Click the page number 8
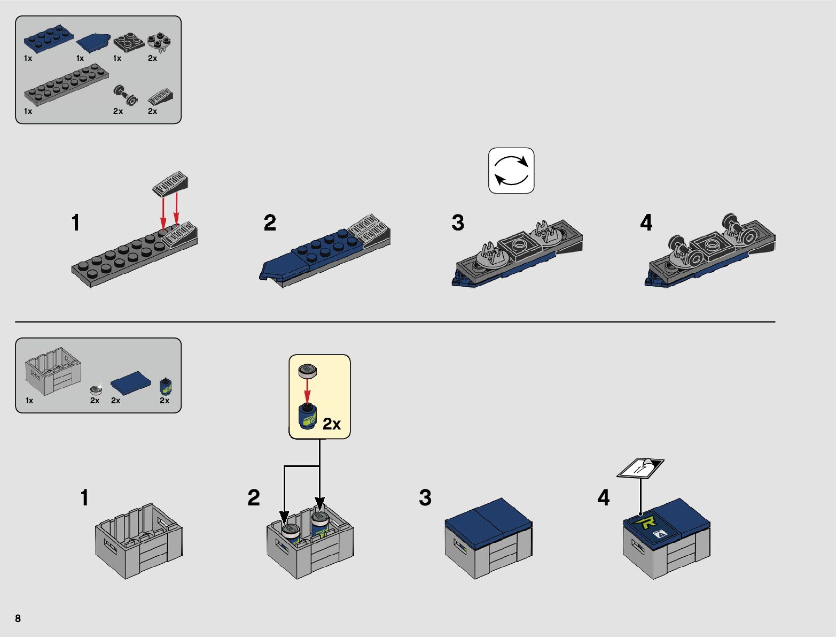pyautogui.click(x=18, y=618)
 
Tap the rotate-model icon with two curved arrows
pyautogui.click(x=511, y=171)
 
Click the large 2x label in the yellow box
pyautogui.click(x=331, y=424)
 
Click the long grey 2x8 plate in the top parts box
pyautogui.click(x=66, y=84)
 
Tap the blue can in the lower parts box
pyautogui.click(x=166, y=386)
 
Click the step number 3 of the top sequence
pyautogui.click(x=458, y=223)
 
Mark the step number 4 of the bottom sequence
pyautogui.click(x=604, y=498)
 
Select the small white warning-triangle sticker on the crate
pyautogui.click(x=660, y=533)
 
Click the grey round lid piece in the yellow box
pyautogui.click(x=308, y=370)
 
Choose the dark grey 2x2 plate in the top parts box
pyautogui.click(x=128, y=42)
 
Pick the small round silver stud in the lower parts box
pyautogui.click(x=96, y=389)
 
